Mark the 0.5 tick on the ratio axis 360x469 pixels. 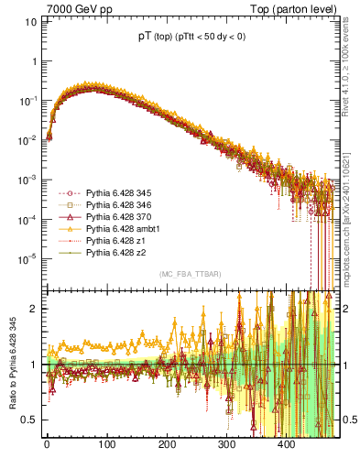point(27,420)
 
